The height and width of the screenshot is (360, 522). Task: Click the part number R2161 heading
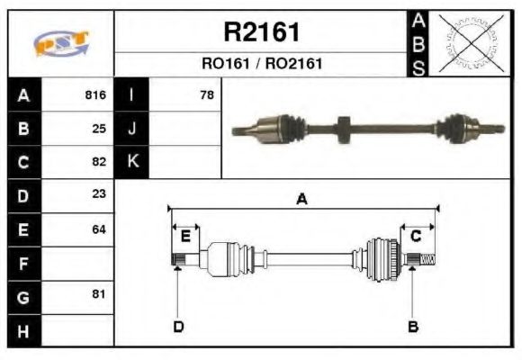261,33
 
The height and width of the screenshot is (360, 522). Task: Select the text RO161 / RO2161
261,64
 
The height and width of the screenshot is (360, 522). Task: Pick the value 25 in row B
99,129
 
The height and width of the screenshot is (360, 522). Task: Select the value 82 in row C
99,162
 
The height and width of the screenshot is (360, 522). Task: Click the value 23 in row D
99,195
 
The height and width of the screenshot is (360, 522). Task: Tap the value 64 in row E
99,229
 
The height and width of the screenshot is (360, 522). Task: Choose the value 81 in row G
99,294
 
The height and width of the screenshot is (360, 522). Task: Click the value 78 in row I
207,95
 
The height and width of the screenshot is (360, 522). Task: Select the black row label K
132,162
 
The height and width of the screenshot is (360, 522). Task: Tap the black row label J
132,129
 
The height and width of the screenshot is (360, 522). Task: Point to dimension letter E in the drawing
184,237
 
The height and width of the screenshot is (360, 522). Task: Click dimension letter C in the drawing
416,237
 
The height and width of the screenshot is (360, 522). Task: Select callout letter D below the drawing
178,327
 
